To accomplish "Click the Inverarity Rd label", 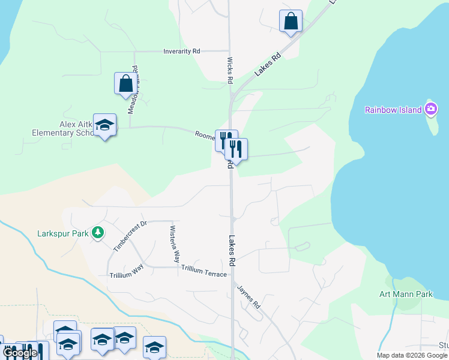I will [x=181, y=52].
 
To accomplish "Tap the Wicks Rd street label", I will [x=230, y=70].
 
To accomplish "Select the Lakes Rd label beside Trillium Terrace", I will [x=231, y=250].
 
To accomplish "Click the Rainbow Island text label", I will [x=393, y=110].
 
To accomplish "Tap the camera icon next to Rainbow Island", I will [x=430, y=109].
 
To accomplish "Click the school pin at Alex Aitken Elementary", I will [x=105, y=125].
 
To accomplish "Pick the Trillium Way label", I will [x=126, y=274].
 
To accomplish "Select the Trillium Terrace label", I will [x=204, y=274].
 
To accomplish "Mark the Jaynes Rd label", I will [x=249, y=297].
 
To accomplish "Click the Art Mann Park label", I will [x=406, y=295].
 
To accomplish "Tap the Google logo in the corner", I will [x=20, y=353].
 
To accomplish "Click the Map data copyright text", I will [x=411, y=355].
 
